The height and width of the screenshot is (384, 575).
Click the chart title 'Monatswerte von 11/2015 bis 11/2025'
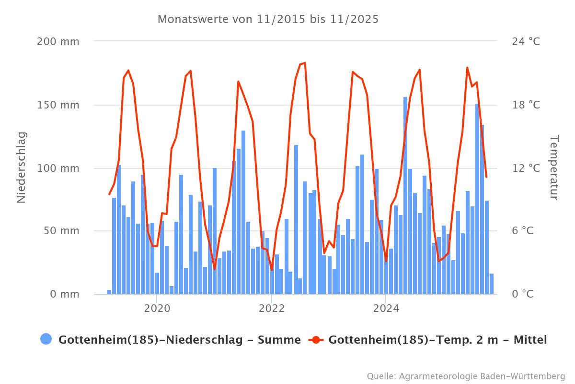click(x=268, y=20)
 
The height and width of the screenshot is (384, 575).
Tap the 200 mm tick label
click(x=58, y=41)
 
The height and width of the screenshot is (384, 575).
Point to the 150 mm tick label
click(x=58, y=105)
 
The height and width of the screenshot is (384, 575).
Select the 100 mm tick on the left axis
click(x=58, y=168)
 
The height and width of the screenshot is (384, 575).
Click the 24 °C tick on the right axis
click(x=526, y=41)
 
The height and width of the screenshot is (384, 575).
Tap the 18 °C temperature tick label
click(x=526, y=105)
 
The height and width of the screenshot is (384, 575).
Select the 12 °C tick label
click(x=526, y=168)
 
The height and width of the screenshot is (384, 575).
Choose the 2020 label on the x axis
click(x=157, y=308)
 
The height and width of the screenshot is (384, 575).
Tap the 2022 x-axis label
click(x=272, y=308)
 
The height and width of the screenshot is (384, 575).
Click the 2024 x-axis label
click(x=386, y=308)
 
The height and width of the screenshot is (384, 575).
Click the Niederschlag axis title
click(x=21, y=168)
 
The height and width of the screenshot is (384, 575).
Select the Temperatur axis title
click(x=554, y=168)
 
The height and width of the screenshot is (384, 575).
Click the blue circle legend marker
click(x=46, y=340)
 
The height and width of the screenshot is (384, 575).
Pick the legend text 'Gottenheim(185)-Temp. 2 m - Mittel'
click(x=438, y=340)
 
